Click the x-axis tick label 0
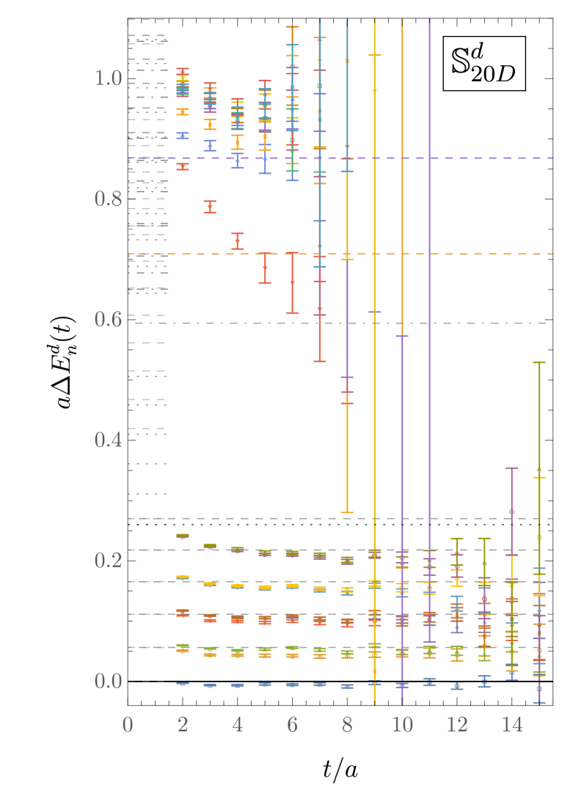[x=128, y=726]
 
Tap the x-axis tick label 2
[x=183, y=726]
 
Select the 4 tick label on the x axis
[x=237, y=726]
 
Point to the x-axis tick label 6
[x=292, y=726]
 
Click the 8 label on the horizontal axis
[x=347, y=726]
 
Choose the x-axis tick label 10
[x=402, y=726]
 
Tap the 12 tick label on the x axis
[x=457, y=726]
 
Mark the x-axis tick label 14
[x=512, y=726]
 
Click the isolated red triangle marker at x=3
[x=210, y=207]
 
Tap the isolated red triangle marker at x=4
[x=237, y=241]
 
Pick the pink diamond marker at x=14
[x=511, y=512]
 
